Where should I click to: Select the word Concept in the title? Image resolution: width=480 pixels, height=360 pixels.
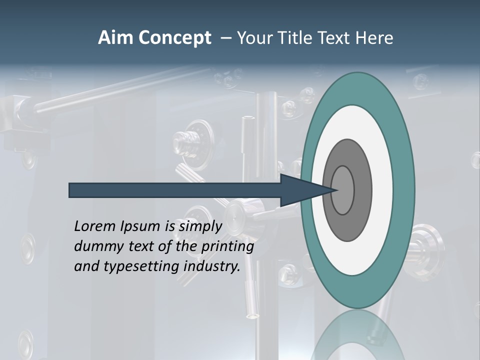point(174,38)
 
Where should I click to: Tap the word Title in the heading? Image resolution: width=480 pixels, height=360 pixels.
point(306,38)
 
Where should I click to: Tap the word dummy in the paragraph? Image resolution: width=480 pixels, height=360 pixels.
point(95,246)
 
